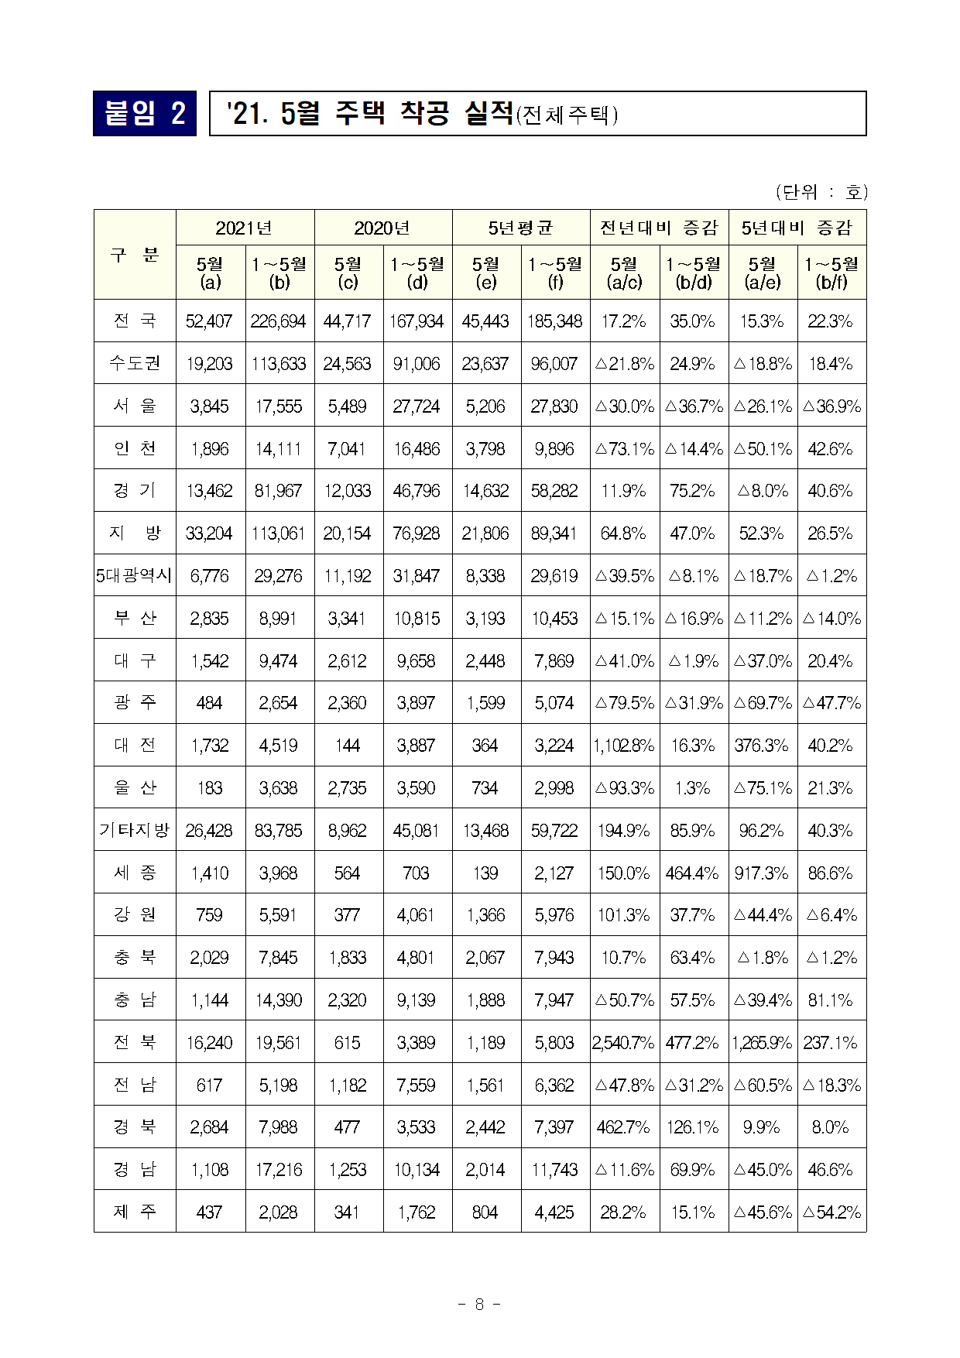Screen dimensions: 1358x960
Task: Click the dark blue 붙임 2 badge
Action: [145, 114]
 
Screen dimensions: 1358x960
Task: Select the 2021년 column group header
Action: [245, 228]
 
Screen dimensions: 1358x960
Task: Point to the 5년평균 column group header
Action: [520, 228]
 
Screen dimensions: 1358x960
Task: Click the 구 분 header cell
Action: [135, 254]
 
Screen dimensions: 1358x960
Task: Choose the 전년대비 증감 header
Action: [659, 228]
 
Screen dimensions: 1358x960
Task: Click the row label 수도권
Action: [135, 363]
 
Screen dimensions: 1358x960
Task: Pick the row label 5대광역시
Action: [135, 575]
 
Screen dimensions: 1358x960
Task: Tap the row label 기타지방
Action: [135, 830]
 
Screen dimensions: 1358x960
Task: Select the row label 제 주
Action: [135, 1212]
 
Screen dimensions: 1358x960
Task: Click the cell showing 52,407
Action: [209, 321]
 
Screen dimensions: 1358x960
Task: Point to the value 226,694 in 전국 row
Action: [279, 321]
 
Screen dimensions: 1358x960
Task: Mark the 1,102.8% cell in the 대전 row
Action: [624, 746]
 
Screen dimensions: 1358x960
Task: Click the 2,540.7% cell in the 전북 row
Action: [624, 1043]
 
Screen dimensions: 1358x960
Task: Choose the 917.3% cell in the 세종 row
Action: [762, 873]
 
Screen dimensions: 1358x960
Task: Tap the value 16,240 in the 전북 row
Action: [209, 1043]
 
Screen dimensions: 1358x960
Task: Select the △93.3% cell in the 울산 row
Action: [624, 788]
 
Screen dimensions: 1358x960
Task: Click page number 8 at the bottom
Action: [479, 1305]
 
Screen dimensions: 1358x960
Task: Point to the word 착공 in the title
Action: [424, 114]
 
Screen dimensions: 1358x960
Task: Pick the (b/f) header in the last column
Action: [831, 283]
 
